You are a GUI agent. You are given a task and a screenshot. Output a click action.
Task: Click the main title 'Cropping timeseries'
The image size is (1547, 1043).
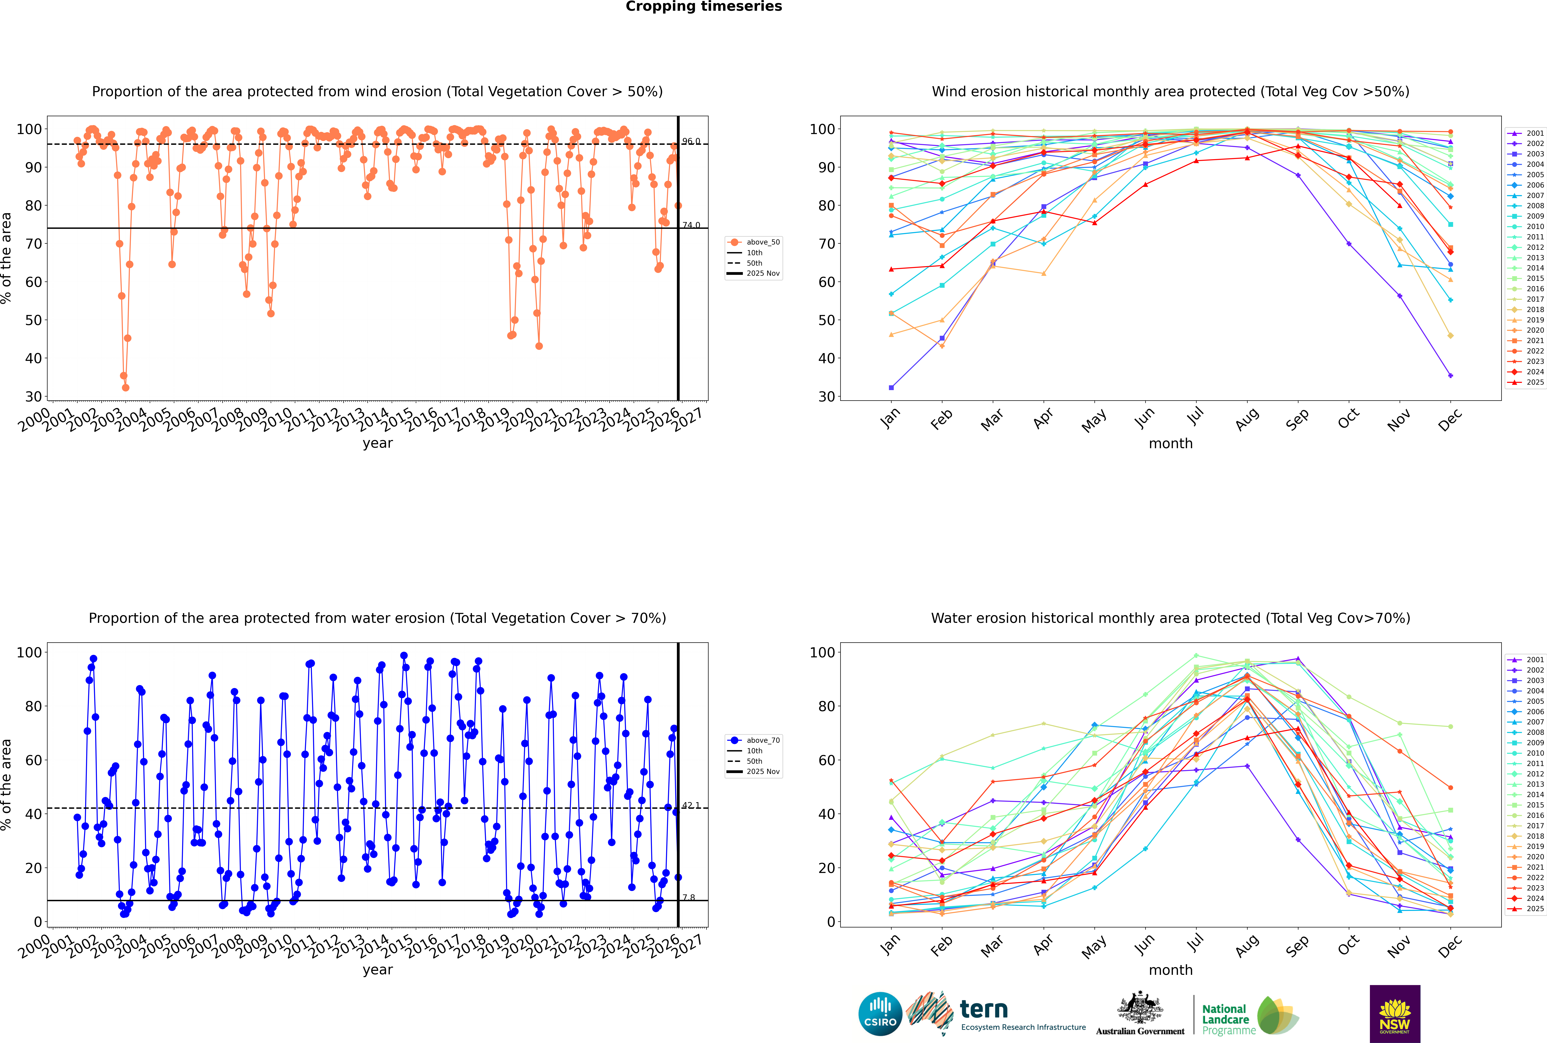tap(704, 7)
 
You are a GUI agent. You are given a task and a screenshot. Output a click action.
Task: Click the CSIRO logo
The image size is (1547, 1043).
tap(880, 1014)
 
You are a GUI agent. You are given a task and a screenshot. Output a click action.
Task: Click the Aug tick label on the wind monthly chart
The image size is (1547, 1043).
tap(1246, 419)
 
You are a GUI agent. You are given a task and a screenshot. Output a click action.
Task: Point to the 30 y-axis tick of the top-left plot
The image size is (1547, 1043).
tap(33, 396)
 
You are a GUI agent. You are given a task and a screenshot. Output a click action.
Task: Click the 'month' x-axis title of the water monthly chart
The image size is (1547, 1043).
tap(1171, 970)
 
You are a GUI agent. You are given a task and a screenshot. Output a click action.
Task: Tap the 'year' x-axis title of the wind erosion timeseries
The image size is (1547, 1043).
tap(378, 443)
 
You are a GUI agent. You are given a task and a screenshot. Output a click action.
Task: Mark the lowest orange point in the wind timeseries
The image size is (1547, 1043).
tap(126, 388)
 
